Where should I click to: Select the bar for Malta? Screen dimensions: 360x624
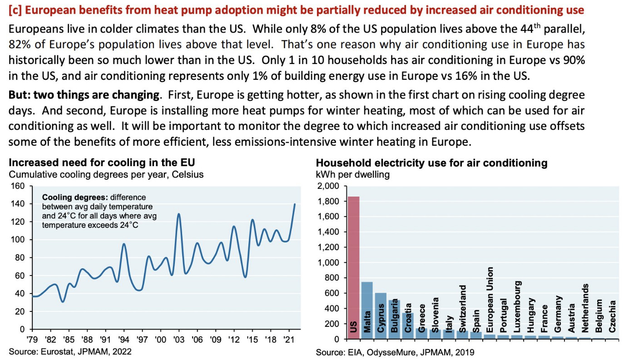[x=367, y=311]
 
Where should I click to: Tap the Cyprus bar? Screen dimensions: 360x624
[x=381, y=316]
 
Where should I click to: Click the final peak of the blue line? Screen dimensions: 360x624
[x=294, y=204]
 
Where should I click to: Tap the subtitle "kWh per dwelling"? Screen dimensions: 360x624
[x=352, y=174]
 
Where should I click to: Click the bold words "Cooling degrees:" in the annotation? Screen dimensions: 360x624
[x=74, y=197]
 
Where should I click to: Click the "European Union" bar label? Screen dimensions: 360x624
[x=490, y=300]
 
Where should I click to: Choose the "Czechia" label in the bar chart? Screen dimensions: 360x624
[x=613, y=316]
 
